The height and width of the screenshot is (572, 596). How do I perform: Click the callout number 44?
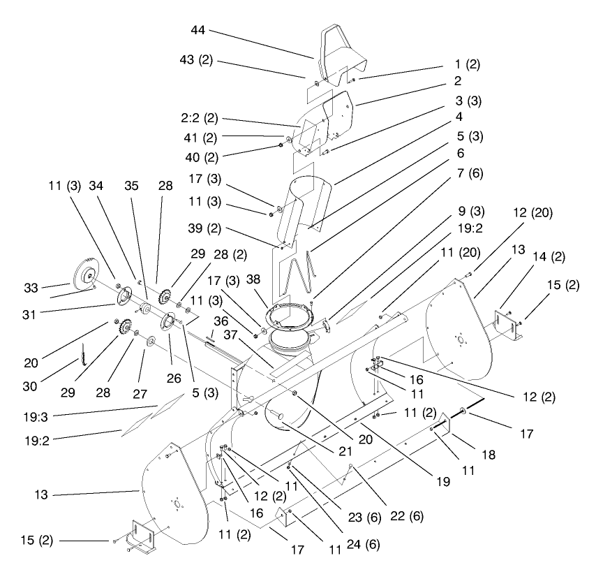pyautogui.click(x=199, y=31)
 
